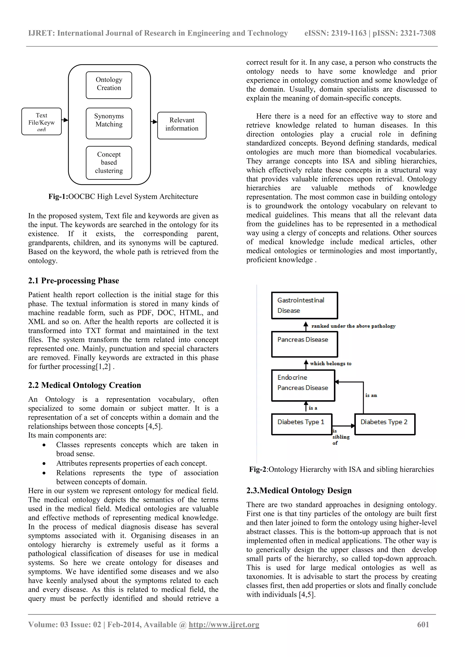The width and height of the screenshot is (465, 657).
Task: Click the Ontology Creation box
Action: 109,85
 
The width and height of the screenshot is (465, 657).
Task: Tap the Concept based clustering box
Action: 109,162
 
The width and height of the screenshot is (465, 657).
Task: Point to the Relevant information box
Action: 182,125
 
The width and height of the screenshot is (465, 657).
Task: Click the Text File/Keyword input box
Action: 42,121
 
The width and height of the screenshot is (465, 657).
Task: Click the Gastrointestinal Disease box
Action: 304,305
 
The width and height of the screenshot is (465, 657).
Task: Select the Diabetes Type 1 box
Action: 302,424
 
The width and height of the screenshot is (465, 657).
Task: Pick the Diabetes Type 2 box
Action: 385,424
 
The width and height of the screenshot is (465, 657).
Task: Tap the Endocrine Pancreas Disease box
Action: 303,385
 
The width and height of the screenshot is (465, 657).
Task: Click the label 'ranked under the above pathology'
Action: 353,326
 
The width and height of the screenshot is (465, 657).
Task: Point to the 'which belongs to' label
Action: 331,363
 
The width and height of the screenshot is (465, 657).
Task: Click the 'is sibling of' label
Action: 340,437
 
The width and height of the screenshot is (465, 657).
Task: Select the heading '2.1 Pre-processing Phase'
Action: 74,280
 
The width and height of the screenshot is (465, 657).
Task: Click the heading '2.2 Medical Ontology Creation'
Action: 84,385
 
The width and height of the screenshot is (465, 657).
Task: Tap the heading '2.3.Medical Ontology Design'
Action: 299,490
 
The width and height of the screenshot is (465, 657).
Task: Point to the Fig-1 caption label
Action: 58,197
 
